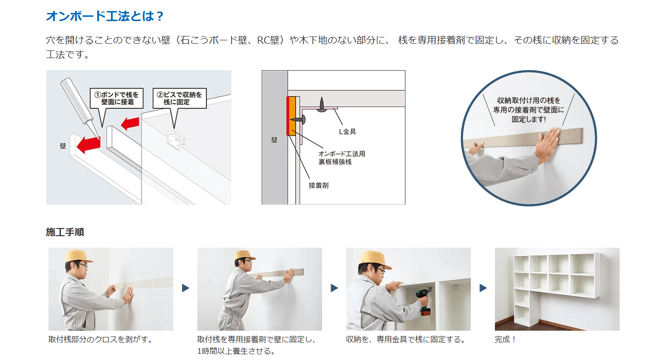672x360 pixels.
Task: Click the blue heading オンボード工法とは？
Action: click(105, 16)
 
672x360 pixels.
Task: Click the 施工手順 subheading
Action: click(65, 232)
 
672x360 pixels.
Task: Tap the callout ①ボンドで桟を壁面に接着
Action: click(117, 98)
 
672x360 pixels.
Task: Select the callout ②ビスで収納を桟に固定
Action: click(180, 98)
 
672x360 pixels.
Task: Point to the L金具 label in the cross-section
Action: click(347, 132)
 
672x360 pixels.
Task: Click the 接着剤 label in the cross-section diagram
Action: click(319, 185)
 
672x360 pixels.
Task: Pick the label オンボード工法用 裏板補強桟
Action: click(342, 158)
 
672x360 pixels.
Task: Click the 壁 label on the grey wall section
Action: click(274, 140)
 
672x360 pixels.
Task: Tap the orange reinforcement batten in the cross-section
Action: click(292, 116)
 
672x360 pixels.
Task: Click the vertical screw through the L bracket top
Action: click(322, 105)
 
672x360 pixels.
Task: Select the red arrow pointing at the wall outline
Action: click(88, 144)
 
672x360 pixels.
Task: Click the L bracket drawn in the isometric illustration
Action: click(176, 140)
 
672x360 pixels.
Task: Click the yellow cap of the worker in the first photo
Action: click(79, 256)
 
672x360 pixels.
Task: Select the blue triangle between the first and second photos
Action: click(186, 288)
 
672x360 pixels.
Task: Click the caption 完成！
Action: click(505, 340)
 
